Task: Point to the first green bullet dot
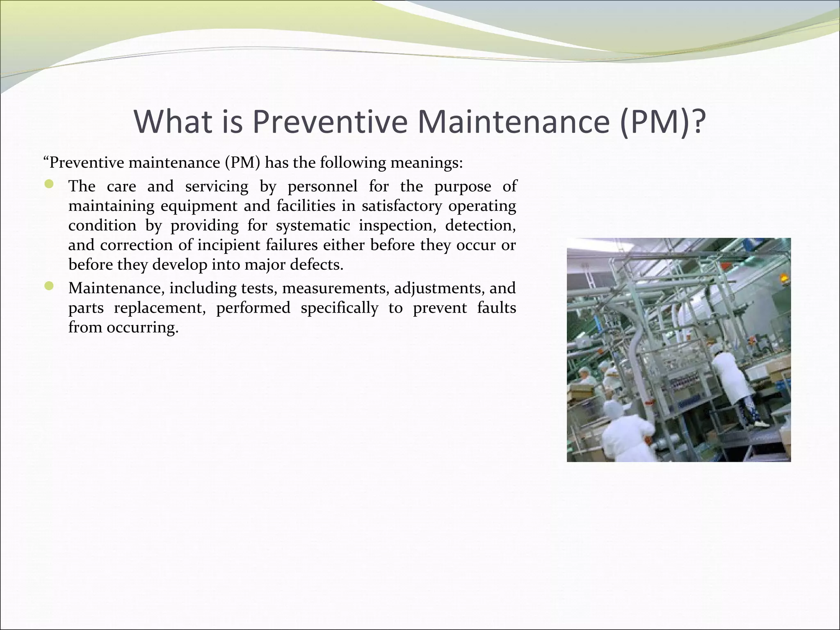click(x=49, y=185)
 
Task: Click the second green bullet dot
click(x=49, y=287)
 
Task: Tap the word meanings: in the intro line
click(x=426, y=163)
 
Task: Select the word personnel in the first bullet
click(x=322, y=187)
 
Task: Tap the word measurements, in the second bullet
click(x=335, y=288)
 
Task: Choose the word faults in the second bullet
click(x=496, y=308)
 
